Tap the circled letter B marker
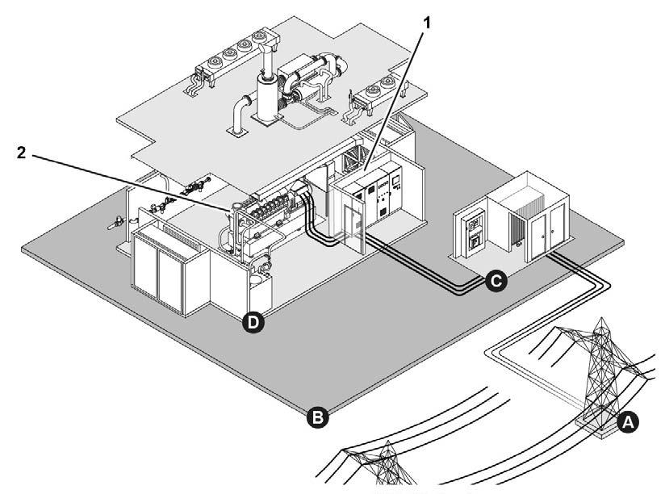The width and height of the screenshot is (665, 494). pyautogui.click(x=317, y=417)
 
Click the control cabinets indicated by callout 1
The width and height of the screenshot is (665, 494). pyautogui.click(x=375, y=197)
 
